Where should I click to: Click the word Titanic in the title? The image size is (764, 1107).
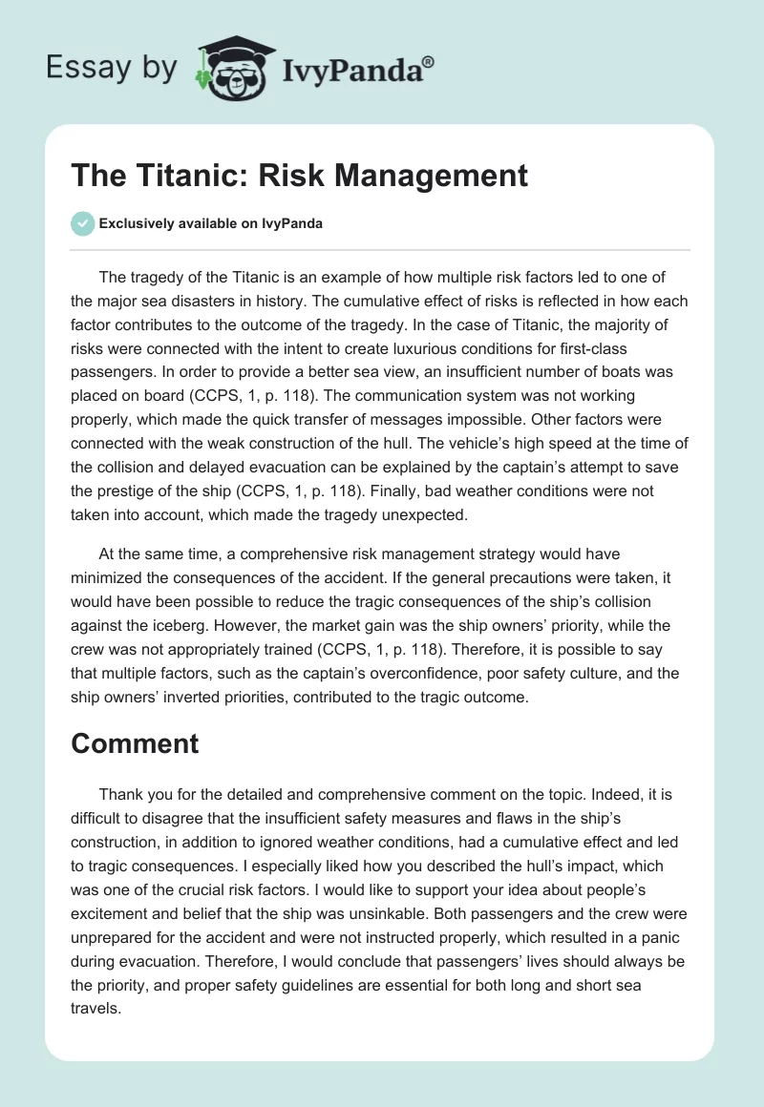(167, 177)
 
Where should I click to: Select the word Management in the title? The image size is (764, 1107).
(437, 177)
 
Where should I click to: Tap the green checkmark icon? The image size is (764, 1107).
(82, 223)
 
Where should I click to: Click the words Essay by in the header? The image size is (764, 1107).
(110, 68)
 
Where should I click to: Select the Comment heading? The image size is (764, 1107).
(135, 744)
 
